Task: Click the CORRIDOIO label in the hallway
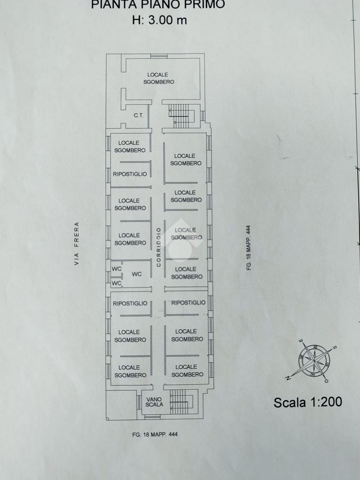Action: click(158, 247)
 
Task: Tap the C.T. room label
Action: click(138, 116)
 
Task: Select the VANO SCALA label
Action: click(154, 402)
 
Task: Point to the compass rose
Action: click(314, 361)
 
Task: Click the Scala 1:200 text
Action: click(307, 402)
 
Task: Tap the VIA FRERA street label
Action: click(76, 243)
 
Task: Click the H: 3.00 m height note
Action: click(159, 20)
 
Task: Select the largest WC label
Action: click(137, 274)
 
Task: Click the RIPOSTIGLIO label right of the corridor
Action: click(188, 303)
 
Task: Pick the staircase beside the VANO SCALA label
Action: click(181, 401)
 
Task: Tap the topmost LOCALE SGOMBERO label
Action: click(158, 78)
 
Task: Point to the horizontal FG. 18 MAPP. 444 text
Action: click(155, 435)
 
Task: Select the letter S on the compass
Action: click(335, 347)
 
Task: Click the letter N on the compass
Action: click(288, 378)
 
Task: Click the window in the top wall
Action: click(159, 56)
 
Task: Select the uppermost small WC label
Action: click(116, 269)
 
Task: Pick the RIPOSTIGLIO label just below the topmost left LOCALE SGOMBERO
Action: click(130, 174)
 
